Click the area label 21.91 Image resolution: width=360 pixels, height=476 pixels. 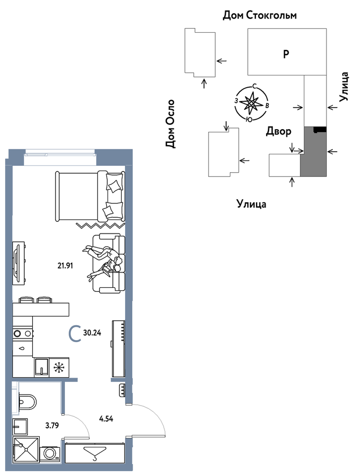coord(65,266)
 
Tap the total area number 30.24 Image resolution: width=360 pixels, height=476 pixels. coord(92,333)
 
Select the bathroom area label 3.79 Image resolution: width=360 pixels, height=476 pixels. coord(52,425)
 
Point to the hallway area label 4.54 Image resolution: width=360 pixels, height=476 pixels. coord(106,419)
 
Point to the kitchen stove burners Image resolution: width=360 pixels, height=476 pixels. coord(22,334)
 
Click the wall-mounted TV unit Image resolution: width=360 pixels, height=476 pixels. coord(18,263)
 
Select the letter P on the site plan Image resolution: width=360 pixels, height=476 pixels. coord(286,54)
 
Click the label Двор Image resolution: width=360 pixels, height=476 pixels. coord(278,131)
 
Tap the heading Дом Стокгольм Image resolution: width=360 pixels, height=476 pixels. coord(259,15)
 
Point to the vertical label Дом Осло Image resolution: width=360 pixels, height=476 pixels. coord(170,124)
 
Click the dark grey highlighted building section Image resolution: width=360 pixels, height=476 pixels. coord(313,152)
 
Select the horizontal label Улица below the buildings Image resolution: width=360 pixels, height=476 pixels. coord(251,204)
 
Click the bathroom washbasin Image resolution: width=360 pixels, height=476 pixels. coord(20,427)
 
